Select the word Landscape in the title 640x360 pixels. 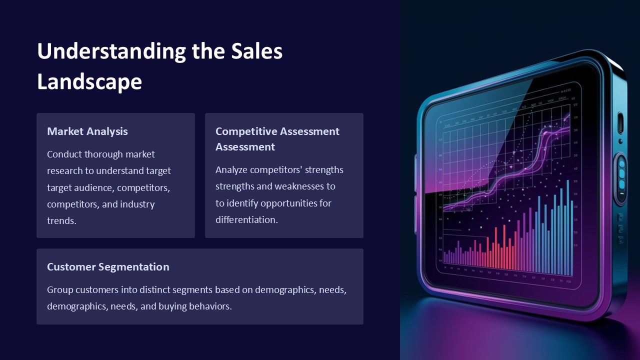point(89,82)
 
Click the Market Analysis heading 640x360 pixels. point(87,131)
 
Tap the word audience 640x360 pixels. point(97,188)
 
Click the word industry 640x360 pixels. point(137,204)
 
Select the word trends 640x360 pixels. point(61,220)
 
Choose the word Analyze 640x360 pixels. point(231,170)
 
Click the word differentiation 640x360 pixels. point(246,220)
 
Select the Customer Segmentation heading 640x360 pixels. point(108,267)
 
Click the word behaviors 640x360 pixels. point(210,306)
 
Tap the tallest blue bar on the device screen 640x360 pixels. point(567,227)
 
